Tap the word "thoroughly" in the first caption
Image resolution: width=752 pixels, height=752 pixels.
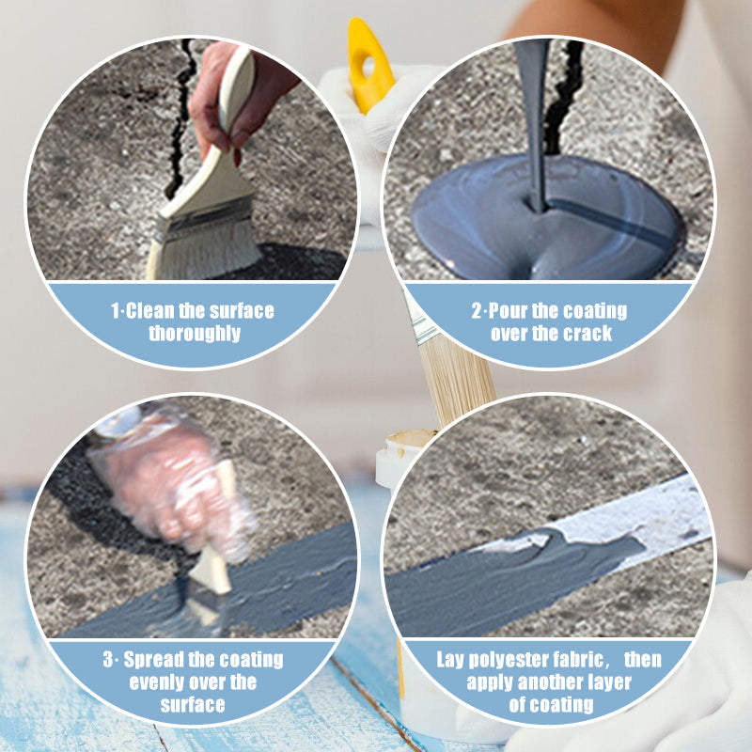tap(194, 334)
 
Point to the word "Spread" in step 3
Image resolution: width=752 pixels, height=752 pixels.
tap(153, 659)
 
